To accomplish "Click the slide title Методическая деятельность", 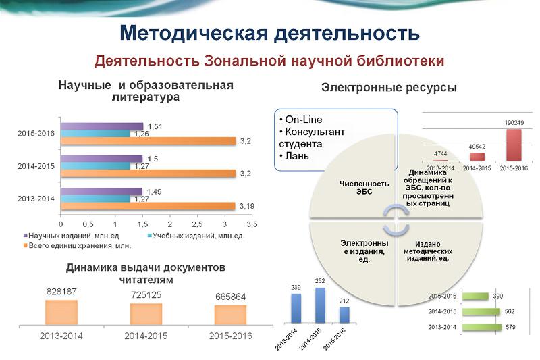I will (x=269, y=32).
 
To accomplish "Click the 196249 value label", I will (x=514, y=123).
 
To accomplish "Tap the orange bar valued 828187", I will (x=61, y=312).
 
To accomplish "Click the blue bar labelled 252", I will (x=320, y=305).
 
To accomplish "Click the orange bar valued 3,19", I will (x=148, y=206).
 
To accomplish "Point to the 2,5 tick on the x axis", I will (x=197, y=224).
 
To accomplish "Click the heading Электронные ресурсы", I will (x=389, y=88).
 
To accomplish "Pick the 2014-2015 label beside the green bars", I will (x=442, y=312).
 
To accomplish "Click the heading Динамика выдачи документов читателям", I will (x=145, y=273).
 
